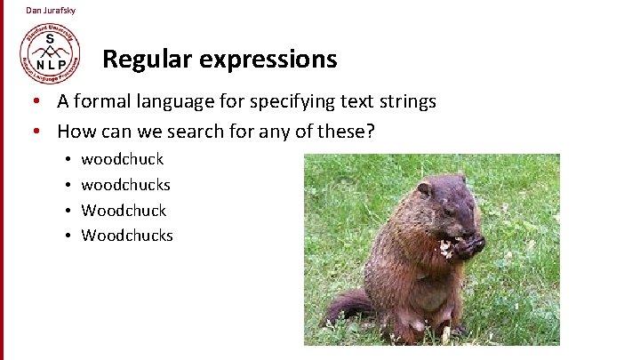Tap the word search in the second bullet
(x=190, y=132)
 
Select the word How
(x=75, y=132)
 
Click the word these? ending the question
(x=348, y=132)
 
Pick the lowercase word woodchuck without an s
(x=123, y=160)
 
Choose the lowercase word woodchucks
(x=125, y=185)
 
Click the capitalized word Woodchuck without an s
(x=124, y=211)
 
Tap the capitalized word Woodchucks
(x=127, y=236)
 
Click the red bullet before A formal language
(x=38, y=101)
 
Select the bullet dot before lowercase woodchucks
(x=68, y=185)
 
